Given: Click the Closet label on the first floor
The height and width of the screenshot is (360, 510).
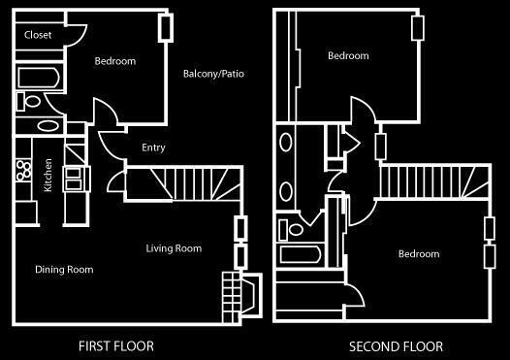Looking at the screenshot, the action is [38, 35].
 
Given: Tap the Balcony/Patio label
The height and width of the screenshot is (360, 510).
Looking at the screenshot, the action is [213, 74].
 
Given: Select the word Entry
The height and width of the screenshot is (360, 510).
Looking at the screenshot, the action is [153, 147].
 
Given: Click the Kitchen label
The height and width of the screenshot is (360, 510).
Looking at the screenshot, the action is [48, 175].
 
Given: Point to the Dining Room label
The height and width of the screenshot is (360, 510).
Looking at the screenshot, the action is [64, 270].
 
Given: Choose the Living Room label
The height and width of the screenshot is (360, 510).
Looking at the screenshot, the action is [174, 248].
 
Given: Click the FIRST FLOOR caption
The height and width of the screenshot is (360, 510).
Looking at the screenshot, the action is [116, 346].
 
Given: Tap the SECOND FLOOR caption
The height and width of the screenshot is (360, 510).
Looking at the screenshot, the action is [396, 346].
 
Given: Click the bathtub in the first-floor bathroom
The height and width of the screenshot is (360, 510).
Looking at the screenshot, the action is [39, 78].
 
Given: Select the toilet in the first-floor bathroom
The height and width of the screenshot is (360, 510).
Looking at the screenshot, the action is [28, 102].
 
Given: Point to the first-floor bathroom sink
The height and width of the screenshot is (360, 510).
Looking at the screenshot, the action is [48, 125].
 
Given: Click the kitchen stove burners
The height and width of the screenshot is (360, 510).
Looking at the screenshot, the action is [23, 170].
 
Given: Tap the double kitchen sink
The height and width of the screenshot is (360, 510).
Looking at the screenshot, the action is [74, 179].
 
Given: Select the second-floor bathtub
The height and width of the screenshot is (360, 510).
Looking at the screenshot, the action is [301, 254].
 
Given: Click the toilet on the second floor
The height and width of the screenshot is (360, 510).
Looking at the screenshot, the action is [291, 229].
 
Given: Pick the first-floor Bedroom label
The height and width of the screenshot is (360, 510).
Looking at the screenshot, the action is [115, 61].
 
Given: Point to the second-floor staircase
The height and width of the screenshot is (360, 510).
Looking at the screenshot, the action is [435, 181].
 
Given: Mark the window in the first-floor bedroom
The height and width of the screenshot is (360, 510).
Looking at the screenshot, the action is [166, 28].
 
